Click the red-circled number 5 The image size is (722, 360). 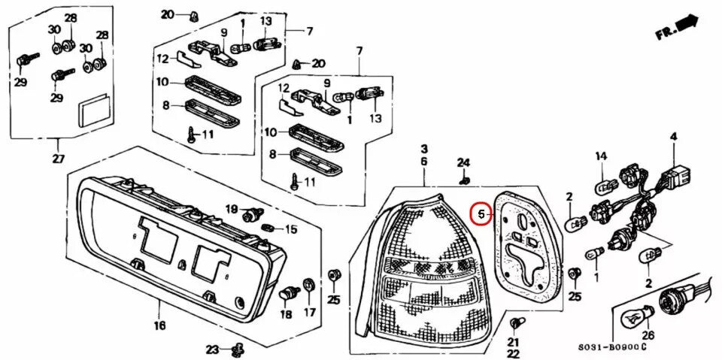coord(480,214)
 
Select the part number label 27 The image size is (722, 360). coord(58,159)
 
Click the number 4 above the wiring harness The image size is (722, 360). coord(673,136)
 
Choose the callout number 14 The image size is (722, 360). coord(601,156)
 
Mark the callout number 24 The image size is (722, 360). coord(463,163)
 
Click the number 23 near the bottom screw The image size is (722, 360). coord(213,349)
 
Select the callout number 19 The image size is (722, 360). coord(232,208)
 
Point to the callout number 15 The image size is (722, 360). coord(290,228)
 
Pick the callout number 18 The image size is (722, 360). coord(285,316)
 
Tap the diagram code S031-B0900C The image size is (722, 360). coord(612,347)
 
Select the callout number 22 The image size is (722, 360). coord(513,353)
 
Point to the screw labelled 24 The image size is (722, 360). coord(464,180)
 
